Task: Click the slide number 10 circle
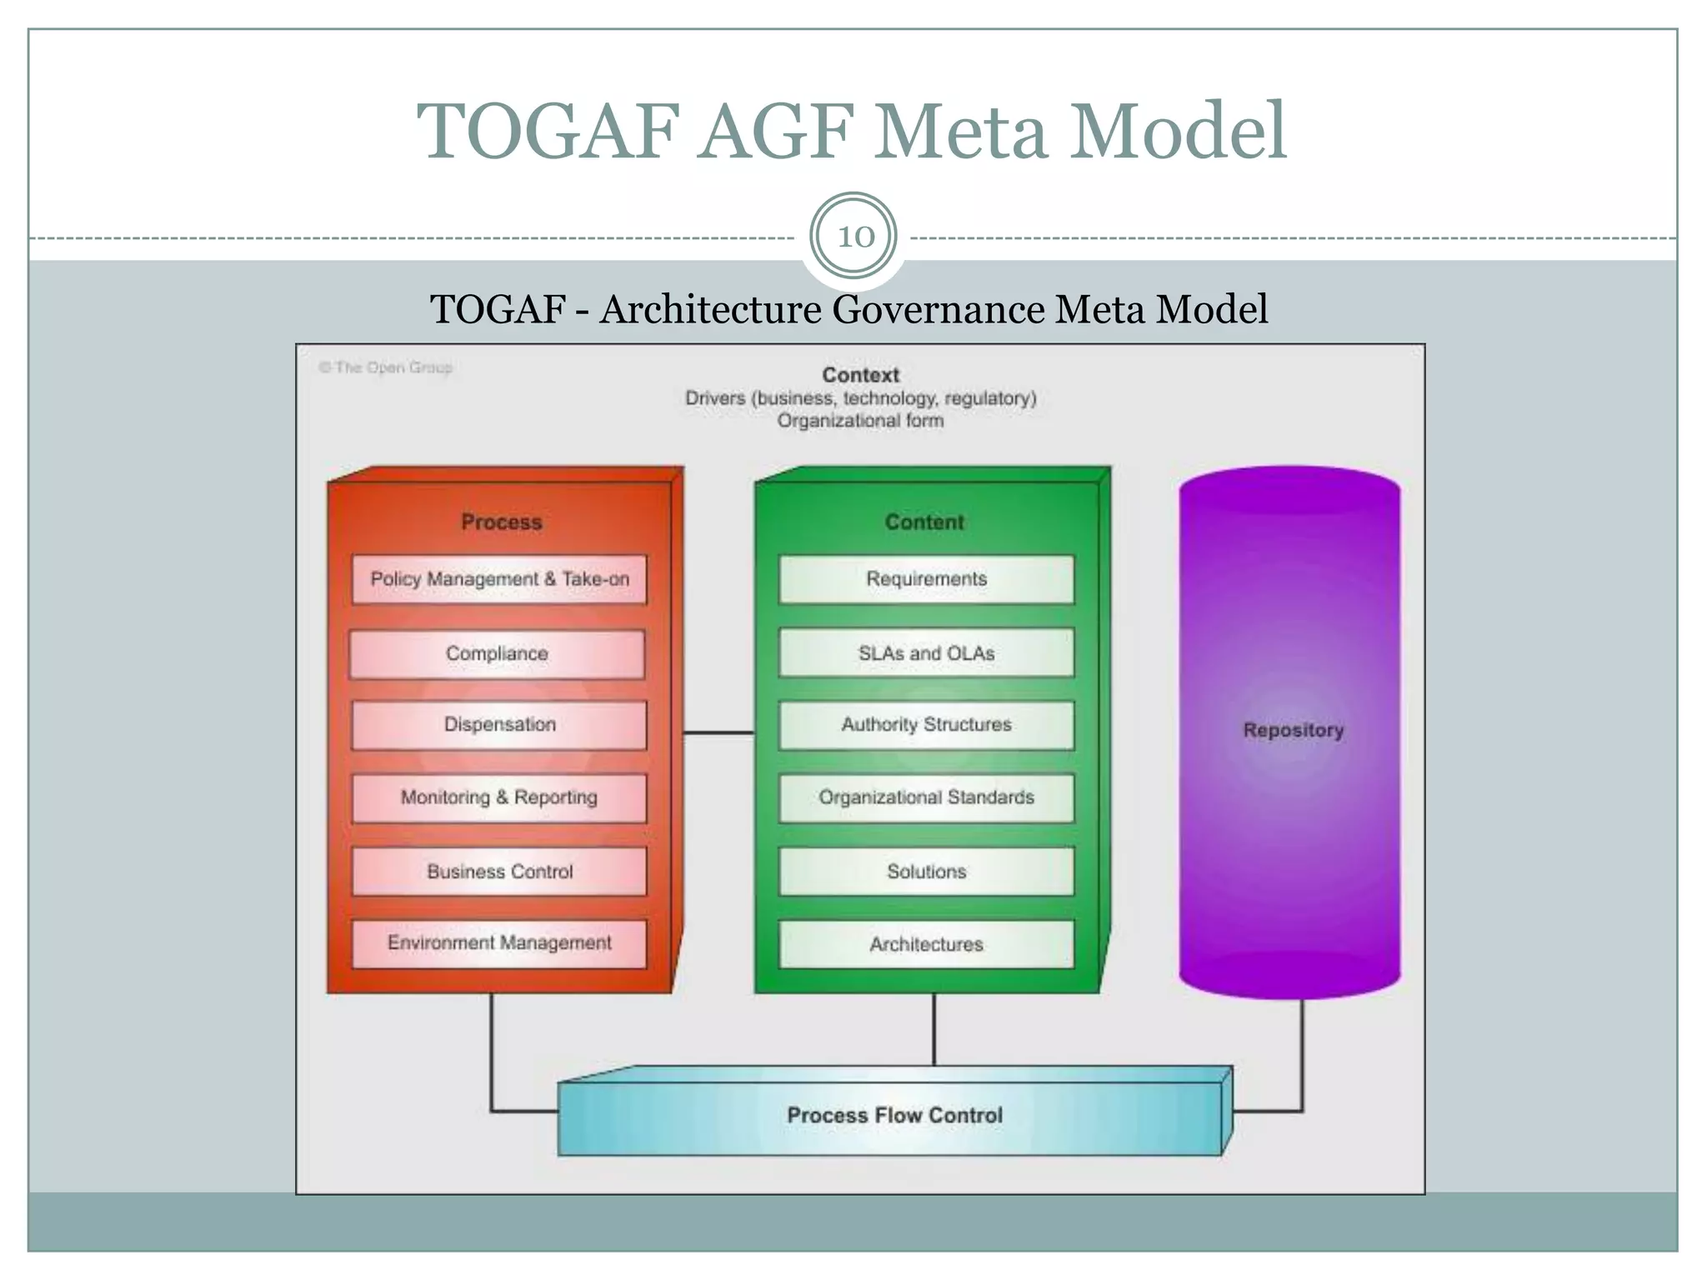click(x=853, y=237)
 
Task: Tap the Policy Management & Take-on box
click(x=499, y=579)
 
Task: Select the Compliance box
click(x=497, y=654)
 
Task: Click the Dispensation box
click(x=499, y=725)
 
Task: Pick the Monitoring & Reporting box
click(x=499, y=798)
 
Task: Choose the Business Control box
click(x=499, y=872)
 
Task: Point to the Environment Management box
click(x=499, y=943)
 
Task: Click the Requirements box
click(x=926, y=579)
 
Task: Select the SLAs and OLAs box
click(x=926, y=654)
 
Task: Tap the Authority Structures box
click(x=926, y=725)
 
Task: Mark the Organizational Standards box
click(x=926, y=798)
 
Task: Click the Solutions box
click(x=926, y=872)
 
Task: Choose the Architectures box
click(x=926, y=944)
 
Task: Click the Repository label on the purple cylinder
click(x=1293, y=730)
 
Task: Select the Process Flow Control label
click(x=894, y=1115)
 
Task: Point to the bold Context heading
click(x=860, y=375)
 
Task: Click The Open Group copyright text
click(x=386, y=367)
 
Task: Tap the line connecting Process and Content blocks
click(x=718, y=732)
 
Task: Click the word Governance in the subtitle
click(x=938, y=309)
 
